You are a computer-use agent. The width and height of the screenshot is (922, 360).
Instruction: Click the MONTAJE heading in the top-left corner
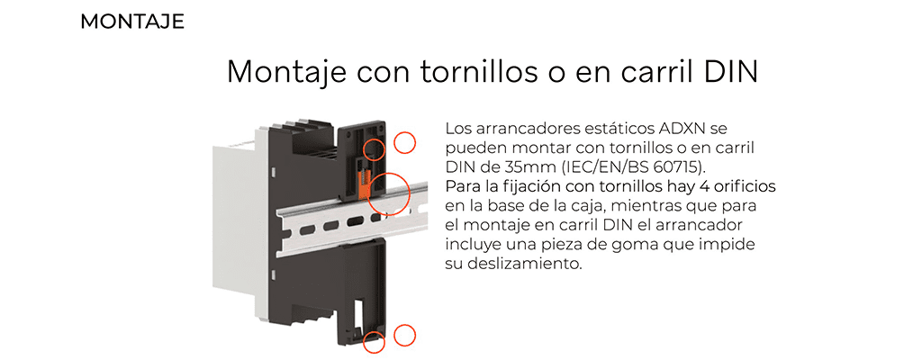[132, 22]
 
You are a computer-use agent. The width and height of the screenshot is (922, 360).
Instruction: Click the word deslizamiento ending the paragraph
[525, 264]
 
